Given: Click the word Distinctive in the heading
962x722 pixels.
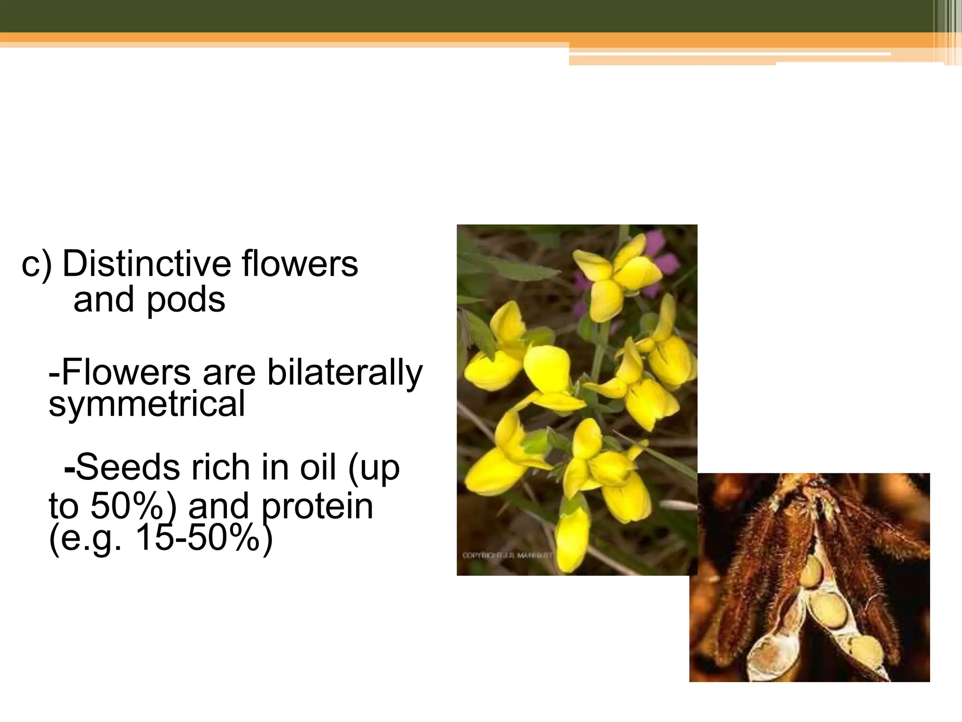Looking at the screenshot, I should [x=147, y=264].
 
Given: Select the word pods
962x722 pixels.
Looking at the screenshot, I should [x=186, y=300].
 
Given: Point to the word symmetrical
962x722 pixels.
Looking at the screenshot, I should [x=147, y=404].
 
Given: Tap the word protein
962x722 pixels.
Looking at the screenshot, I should [x=317, y=507].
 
